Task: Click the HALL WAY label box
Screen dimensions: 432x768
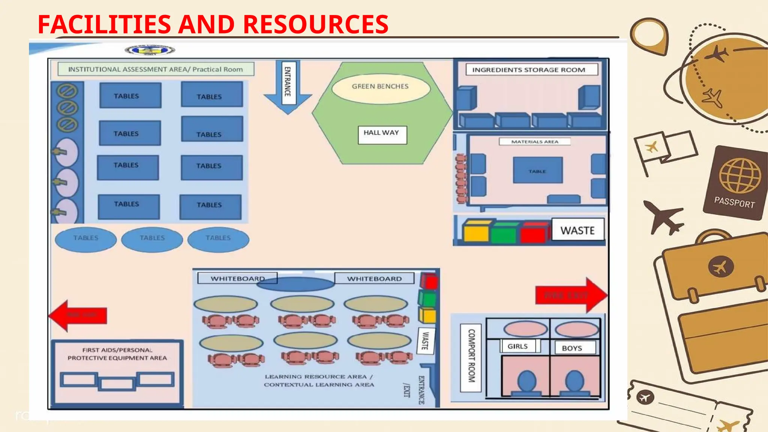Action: (x=382, y=135)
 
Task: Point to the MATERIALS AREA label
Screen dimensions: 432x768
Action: (x=535, y=142)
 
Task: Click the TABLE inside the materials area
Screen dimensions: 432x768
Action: (x=538, y=170)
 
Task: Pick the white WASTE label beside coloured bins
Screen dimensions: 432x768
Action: (x=577, y=229)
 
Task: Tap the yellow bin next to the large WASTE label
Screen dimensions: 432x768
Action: (x=475, y=231)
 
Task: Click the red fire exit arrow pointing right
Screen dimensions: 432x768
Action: (x=571, y=295)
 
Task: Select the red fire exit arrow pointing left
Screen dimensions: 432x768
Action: (x=78, y=315)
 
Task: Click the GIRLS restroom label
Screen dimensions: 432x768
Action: (x=518, y=346)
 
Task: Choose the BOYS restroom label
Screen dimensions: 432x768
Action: (x=572, y=348)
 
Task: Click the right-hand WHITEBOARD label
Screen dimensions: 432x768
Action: (x=374, y=279)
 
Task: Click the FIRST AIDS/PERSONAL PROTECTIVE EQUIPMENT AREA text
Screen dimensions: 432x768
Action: (x=117, y=354)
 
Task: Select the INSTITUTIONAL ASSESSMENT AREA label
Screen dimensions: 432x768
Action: (x=156, y=69)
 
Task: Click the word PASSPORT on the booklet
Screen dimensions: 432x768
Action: (x=734, y=202)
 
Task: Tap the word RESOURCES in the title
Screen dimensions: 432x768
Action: (x=315, y=24)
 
